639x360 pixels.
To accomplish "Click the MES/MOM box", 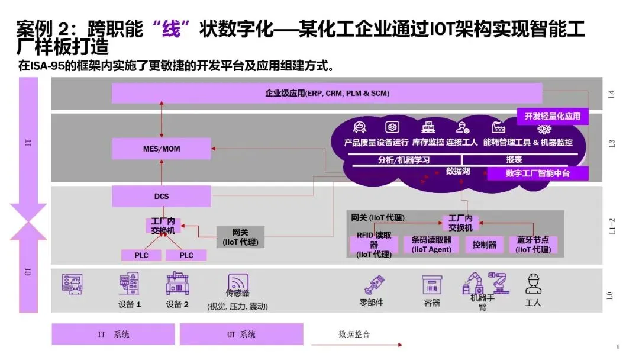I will click(161, 149).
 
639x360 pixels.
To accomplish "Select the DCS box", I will click(161, 196).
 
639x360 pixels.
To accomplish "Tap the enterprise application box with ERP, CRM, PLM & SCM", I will click(327, 94).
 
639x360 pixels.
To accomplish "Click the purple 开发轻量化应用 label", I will click(553, 116).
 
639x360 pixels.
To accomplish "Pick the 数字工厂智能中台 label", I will click(537, 173).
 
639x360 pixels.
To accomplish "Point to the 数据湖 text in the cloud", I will click(457, 171).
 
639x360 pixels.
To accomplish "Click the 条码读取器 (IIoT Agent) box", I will click(431, 245).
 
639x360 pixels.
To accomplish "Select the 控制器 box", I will click(484, 245).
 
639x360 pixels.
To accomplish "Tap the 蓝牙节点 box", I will click(532, 245).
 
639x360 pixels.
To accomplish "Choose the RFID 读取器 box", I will click(373, 244).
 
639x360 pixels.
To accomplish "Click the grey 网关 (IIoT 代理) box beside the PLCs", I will click(240, 237).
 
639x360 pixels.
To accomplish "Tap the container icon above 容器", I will click(432, 284).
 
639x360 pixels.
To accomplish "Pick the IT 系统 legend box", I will click(113, 334).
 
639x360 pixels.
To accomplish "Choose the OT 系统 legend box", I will click(241, 334).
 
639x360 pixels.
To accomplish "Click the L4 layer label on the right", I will click(611, 94).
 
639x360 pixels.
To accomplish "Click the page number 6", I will click(618, 347).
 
